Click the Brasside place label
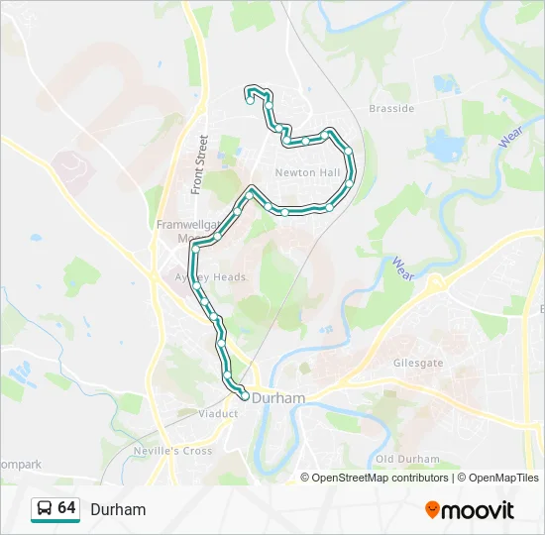click(390, 109)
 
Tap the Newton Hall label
click(307, 172)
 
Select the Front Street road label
click(200, 163)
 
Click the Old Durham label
click(406, 460)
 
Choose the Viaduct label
click(218, 413)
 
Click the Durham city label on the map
click(279, 397)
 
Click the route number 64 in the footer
click(66, 508)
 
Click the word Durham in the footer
click(118, 509)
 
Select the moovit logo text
click(478, 509)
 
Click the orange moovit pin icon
click(432, 509)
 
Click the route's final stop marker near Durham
click(245, 396)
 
